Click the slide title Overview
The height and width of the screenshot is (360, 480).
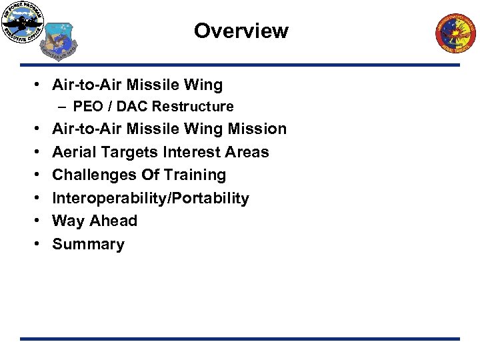[x=241, y=31]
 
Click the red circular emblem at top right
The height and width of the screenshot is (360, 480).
[x=456, y=33]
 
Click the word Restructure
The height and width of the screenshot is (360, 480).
[x=201, y=107]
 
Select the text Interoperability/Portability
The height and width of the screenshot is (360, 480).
[x=151, y=198]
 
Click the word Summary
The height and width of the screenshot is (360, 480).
[x=88, y=244]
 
